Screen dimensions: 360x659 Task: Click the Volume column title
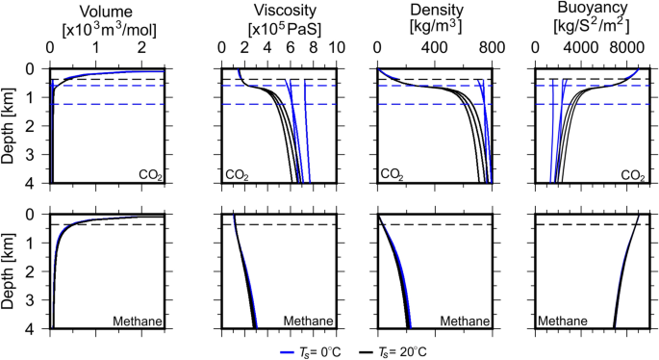[x=107, y=11]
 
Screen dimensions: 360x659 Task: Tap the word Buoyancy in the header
[x=589, y=11]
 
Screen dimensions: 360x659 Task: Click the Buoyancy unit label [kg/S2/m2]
[x=589, y=30]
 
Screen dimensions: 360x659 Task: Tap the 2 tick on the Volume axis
[x=140, y=48]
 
